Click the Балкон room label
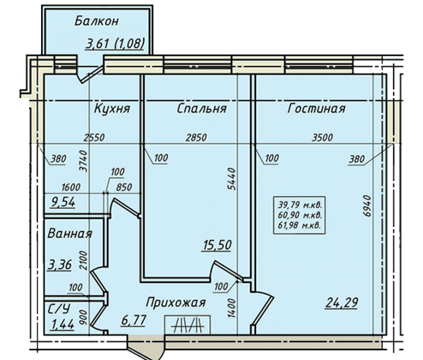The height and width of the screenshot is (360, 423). pyautogui.click(x=97, y=21)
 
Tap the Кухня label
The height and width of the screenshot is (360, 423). pyautogui.click(x=112, y=108)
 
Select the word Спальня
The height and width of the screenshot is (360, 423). pyautogui.click(x=202, y=108)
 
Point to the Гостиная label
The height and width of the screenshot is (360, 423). pyautogui.click(x=316, y=108)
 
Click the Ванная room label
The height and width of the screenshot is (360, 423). pyautogui.click(x=70, y=233)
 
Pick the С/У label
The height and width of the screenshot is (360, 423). pyautogui.click(x=58, y=309)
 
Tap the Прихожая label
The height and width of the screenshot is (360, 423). pyautogui.click(x=176, y=303)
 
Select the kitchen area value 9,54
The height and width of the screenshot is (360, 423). pyautogui.click(x=63, y=202)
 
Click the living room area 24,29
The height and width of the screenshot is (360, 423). pyautogui.click(x=342, y=303)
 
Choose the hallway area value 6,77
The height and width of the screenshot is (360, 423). pyautogui.click(x=133, y=321)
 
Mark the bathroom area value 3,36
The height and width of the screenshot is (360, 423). pyautogui.click(x=60, y=265)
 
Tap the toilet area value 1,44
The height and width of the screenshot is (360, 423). pyautogui.click(x=62, y=325)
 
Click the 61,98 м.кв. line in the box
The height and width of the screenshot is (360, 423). pyautogui.click(x=299, y=225)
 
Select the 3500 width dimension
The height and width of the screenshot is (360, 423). pyautogui.click(x=322, y=138)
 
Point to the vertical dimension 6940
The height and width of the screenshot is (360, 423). pyautogui.click(x=368, y=206)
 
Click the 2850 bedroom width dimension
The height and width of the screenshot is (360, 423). pyautogui.click(x=196, y=138)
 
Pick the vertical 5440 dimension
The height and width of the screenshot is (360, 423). pyautogui.click(x=232, y=179)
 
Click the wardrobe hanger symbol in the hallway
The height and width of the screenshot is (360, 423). pyautogui.click(x=188, y=325)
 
